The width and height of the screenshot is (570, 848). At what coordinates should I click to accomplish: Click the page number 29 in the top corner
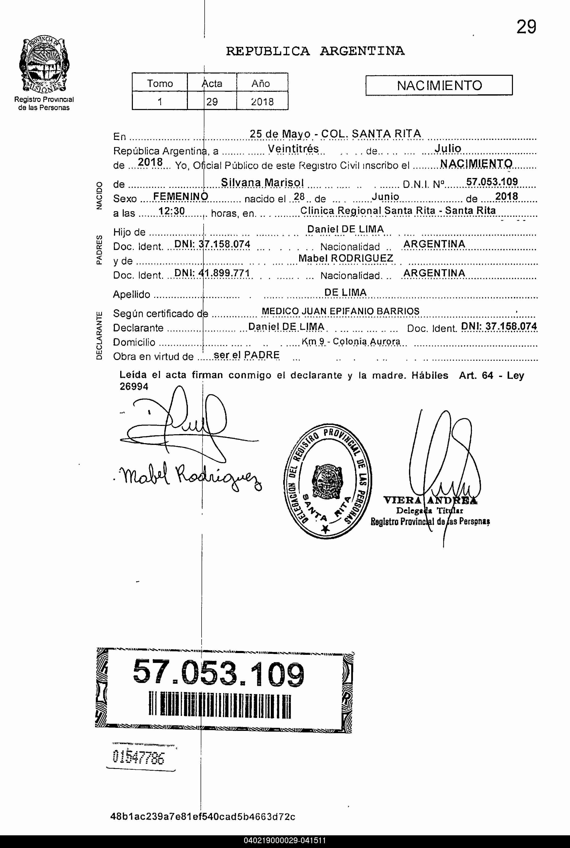(526, 27)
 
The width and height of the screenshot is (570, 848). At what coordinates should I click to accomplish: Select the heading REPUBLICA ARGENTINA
(315, 51)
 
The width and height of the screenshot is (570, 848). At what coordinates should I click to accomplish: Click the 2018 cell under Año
(262, 101)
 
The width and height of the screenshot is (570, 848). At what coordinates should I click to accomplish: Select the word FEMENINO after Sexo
(180, 197)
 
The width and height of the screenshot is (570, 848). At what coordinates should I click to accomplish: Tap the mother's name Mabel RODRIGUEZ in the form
(345, 258)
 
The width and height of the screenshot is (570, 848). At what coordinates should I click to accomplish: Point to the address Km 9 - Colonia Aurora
(351, 342)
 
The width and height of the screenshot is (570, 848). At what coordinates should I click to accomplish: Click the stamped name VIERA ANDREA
(430, 500)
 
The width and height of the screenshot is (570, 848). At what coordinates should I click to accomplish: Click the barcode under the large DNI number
(220, 706)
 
